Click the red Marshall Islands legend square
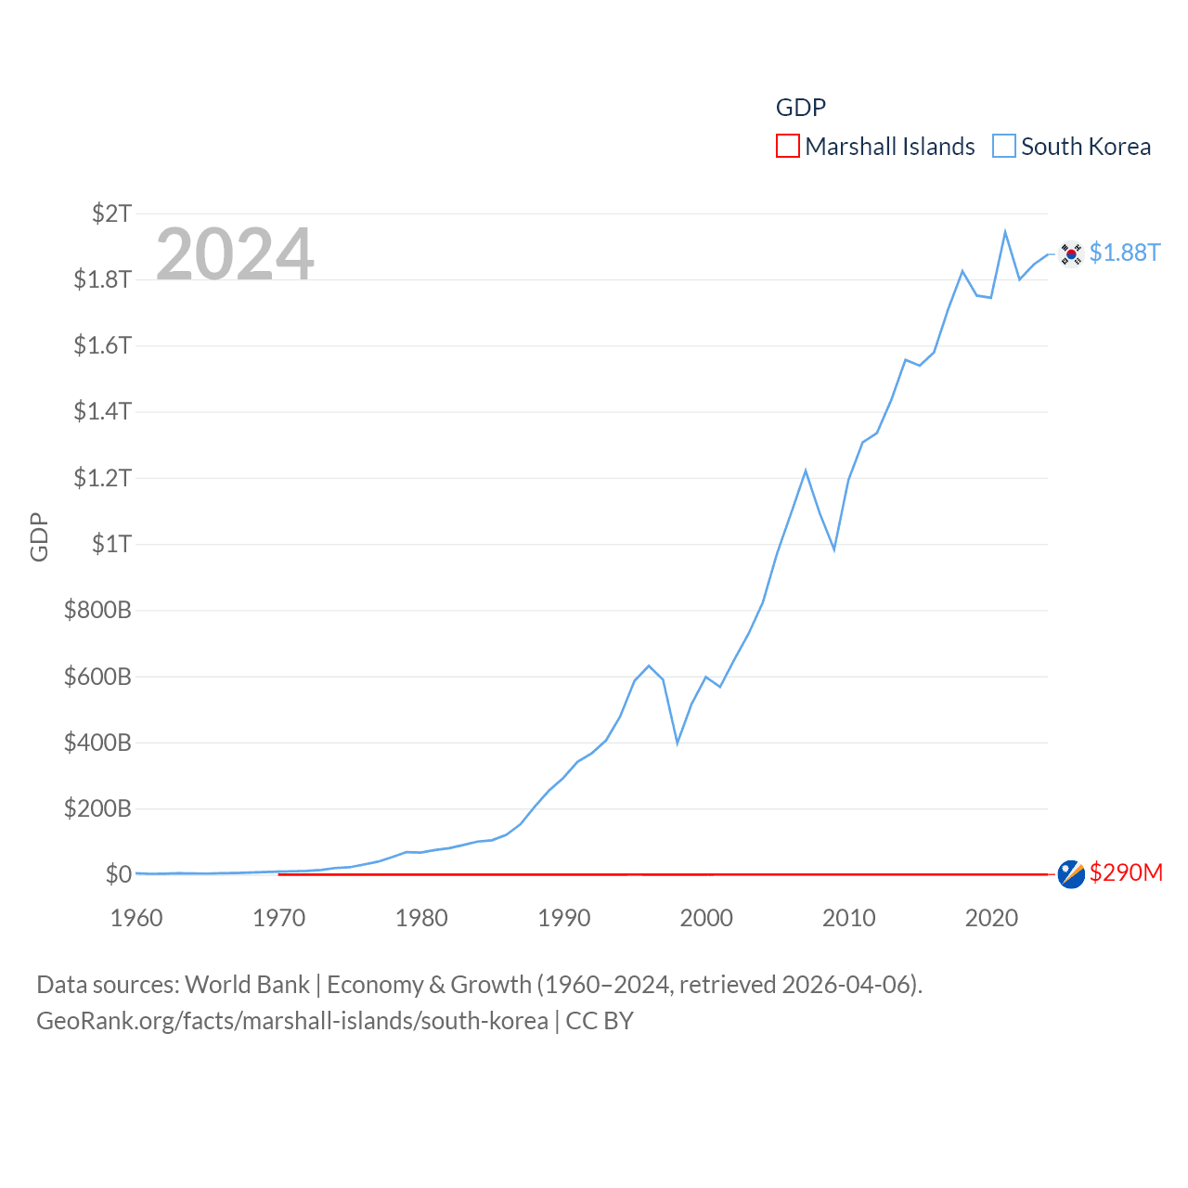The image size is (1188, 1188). coord(787,147)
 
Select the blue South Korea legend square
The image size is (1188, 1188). coord(1003,147)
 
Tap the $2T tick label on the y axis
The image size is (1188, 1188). coord(111,213)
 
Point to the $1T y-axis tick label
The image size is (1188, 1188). coord(111,544)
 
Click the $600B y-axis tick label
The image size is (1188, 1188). coord(97,677)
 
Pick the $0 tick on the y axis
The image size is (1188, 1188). coord(118,874)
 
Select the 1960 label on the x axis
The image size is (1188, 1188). coord(136,918)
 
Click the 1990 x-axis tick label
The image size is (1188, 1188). coord(564,918)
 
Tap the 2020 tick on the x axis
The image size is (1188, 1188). coord(991,918)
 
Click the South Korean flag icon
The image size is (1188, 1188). coord(1071,253)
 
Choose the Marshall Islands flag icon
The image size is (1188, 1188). coord(1071,873)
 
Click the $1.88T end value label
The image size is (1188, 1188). coord(1125,252)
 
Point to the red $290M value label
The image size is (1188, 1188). coord(1126,872)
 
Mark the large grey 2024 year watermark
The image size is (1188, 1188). coord(235,254)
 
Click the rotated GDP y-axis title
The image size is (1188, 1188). coord(39,536)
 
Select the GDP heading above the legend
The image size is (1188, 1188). coord(800,108)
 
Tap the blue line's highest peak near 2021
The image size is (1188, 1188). coord(1005,232)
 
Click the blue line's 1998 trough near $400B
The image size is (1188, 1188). coord(678,742)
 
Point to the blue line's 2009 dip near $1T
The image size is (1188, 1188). coord(834,549)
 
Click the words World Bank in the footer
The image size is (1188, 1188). coord(247,985)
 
